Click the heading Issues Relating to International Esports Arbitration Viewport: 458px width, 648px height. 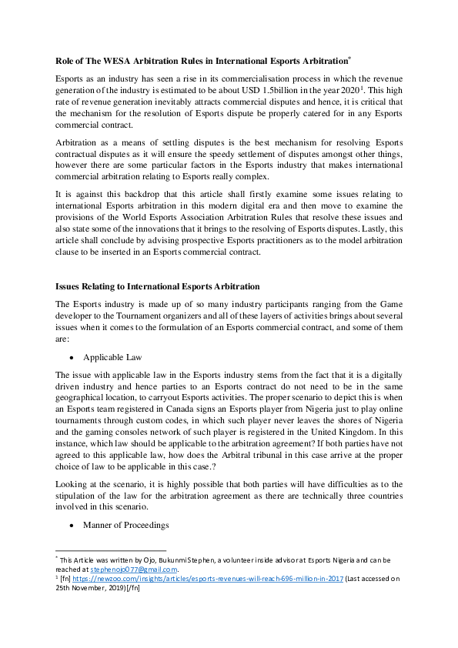(158, 286)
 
